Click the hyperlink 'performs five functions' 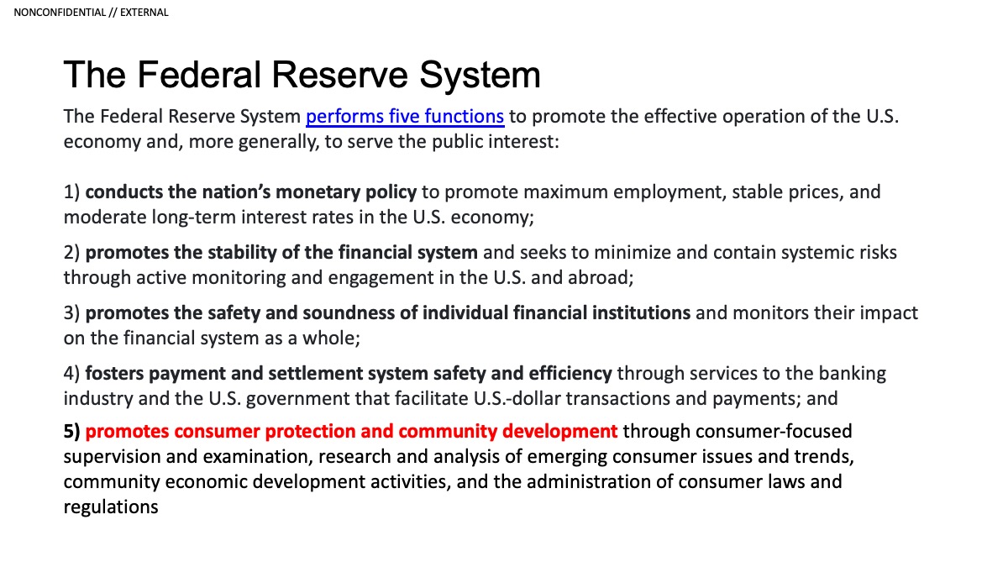click(405, 117)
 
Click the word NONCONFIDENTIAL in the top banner click(60, 13)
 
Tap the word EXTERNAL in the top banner click(144, 13)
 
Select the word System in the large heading click(480, 75)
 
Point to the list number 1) click(72, 192)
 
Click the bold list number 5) click(72, 432)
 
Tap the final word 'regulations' click(111, 507)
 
